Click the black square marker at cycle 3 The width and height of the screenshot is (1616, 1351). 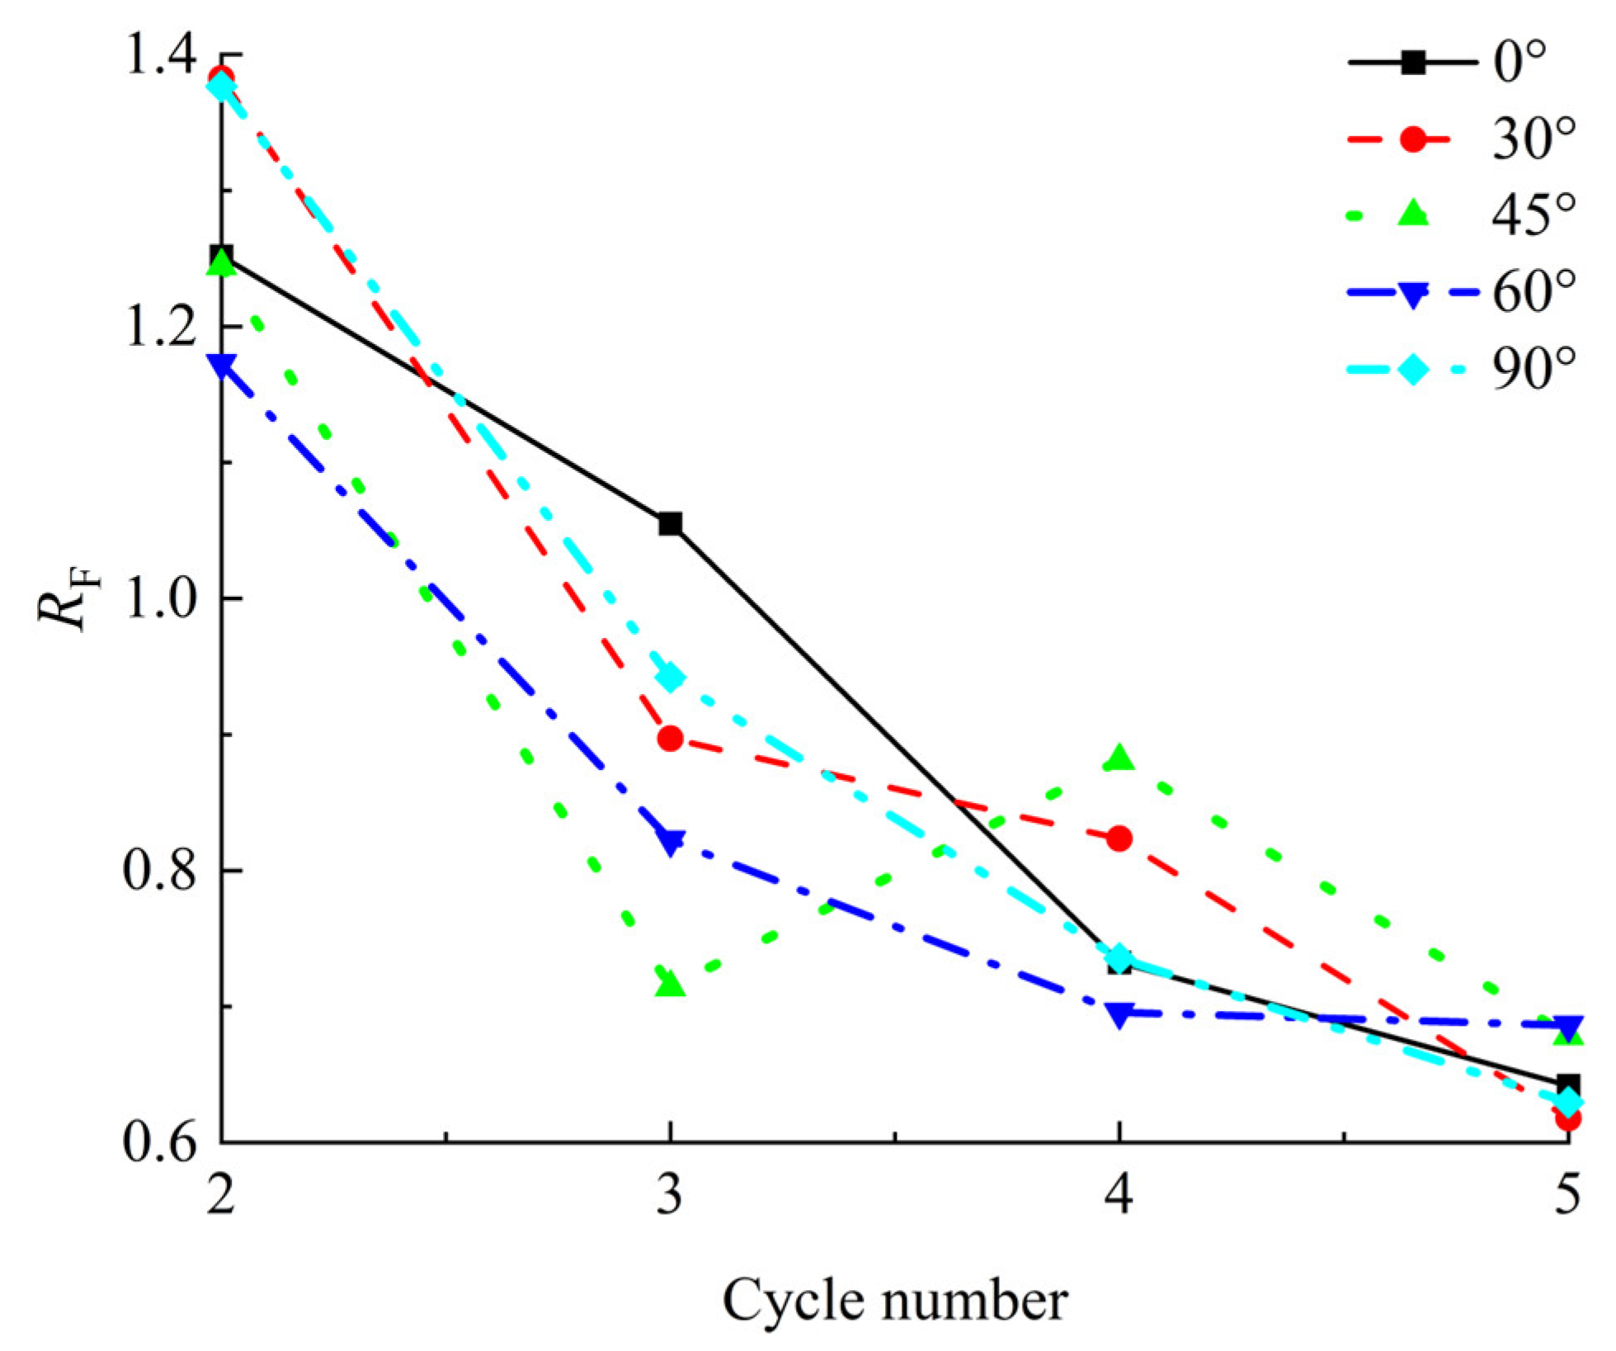coord(671,523)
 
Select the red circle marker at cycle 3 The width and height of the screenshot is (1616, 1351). coord(671,738)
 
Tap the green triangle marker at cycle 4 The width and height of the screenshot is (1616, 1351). coord(1119,758)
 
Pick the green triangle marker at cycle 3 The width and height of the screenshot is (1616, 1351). coord(671,984)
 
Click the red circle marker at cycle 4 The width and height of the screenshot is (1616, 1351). coord(1119,839)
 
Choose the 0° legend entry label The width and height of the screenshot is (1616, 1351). coord(1519,63)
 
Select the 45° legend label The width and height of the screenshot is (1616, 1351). coord(1533,215)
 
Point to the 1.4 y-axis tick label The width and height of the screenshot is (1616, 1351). coord(159,54)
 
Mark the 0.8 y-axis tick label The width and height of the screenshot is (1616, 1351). coord(159,870)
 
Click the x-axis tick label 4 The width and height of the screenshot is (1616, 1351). coord(1119,1194)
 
